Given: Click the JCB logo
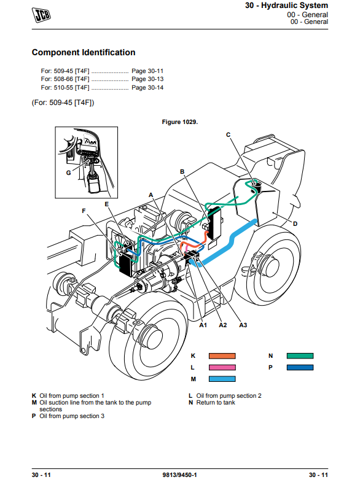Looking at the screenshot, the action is coord(41,15).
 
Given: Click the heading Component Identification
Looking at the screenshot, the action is coord(84,52).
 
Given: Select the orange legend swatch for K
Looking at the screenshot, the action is coord(222,356).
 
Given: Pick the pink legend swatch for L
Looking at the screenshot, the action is coord(222,367).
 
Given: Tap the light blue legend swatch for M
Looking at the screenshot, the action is coord(222,379).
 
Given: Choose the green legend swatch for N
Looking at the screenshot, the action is coord(300,356).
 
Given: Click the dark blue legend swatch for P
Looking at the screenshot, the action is coord(300,367).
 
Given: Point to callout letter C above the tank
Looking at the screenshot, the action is coord(229,134).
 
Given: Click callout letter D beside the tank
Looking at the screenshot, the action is coord(295,223).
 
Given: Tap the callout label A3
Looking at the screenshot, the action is coord(243,325).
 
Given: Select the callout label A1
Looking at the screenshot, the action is coord(203,325).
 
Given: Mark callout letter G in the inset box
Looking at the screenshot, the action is coord(69,173).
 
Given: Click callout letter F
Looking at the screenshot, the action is coord(84,211).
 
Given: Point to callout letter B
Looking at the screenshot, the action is coord(182,172).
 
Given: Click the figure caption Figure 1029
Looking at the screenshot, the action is coord(180,122).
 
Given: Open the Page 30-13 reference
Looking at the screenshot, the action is coord(147,79).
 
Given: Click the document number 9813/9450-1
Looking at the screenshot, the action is coord(180,475).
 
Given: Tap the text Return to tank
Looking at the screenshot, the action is coord(216,403).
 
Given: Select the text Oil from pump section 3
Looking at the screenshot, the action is coord(72,416).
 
